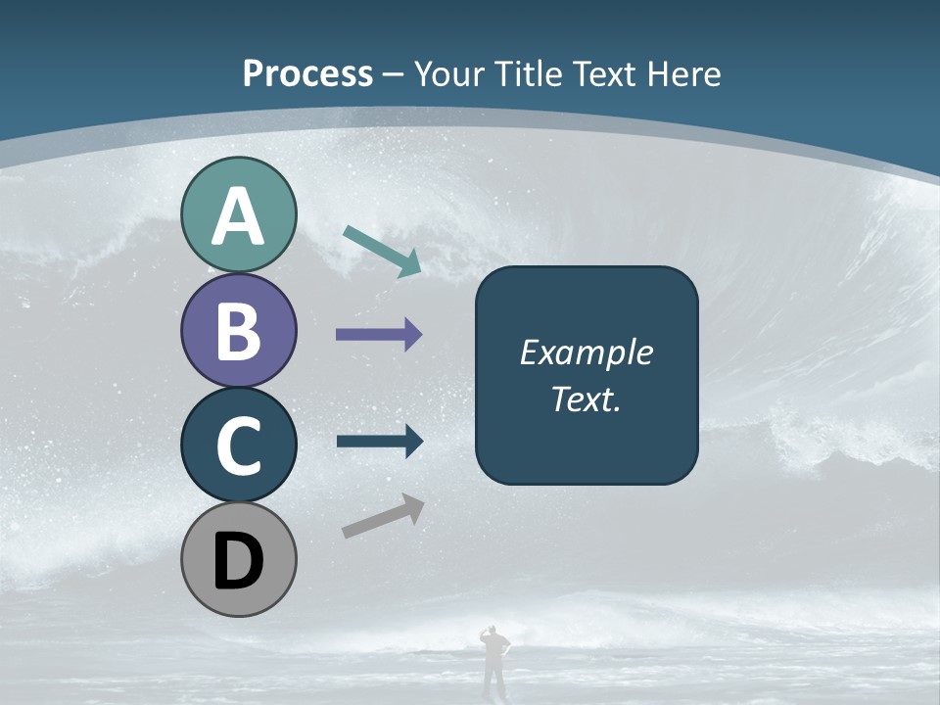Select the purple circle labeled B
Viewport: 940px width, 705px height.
point(238,330)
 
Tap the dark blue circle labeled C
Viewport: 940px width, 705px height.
point(238,445)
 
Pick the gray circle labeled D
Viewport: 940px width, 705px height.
point(238,559)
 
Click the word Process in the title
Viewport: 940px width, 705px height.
point(307,73)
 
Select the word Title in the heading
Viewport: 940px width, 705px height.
point(529,73)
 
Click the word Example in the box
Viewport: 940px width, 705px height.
point(586,352)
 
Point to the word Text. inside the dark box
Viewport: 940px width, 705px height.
point(586,399)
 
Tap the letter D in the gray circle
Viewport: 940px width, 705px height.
point(238,561)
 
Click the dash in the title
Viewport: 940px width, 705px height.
point(393,75)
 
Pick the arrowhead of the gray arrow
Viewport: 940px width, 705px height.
point(413,506)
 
